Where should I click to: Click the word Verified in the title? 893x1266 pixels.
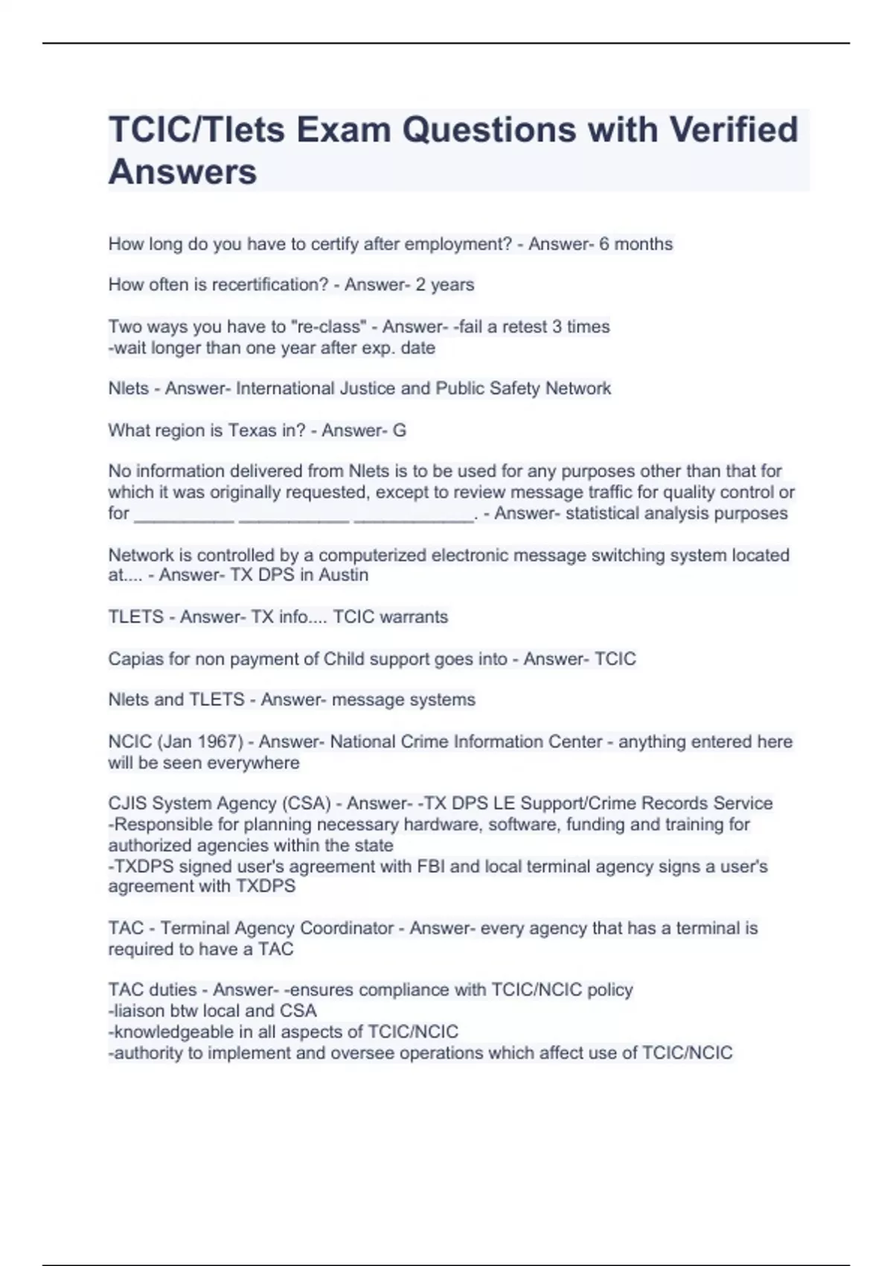tap(733, 130)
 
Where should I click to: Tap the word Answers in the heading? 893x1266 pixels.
tap(182, 172)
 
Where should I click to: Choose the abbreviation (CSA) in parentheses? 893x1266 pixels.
tap(306, 804)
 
